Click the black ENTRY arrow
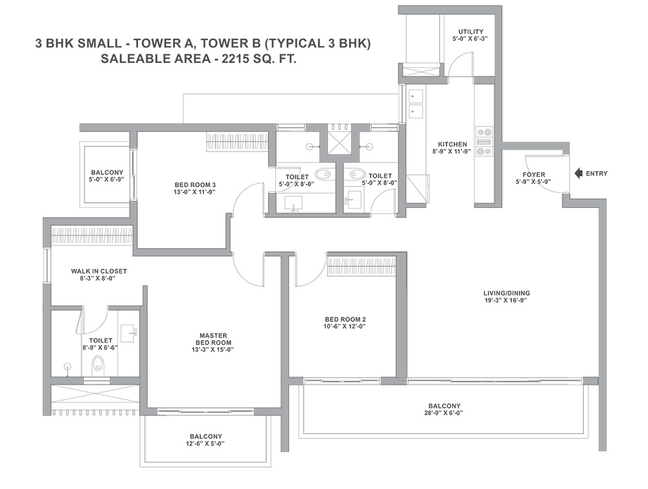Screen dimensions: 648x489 [x=579, y=174]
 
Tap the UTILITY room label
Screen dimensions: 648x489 [x=470, y=31]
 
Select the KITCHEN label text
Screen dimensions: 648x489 [x=452, y=144]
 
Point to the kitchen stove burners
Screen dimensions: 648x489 [x=484, y=142]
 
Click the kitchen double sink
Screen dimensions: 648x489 [x=416, y=104]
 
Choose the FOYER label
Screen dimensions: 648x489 [x=533, y=175]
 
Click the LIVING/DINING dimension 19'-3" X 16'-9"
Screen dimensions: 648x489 [x=507, y=301]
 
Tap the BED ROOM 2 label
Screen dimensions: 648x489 [x=345, y=319]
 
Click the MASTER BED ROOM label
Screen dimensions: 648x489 [x=213, y=339]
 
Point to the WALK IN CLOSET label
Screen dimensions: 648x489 [x=98, y=271]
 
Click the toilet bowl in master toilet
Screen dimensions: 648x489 [x=98, y=364]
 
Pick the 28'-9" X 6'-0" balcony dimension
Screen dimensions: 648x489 [x=445, y=413]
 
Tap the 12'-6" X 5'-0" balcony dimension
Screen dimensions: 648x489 [x=206, y=444]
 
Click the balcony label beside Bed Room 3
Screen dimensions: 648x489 [x=107, y=172]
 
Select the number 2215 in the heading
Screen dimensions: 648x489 [x=235, y=59]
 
